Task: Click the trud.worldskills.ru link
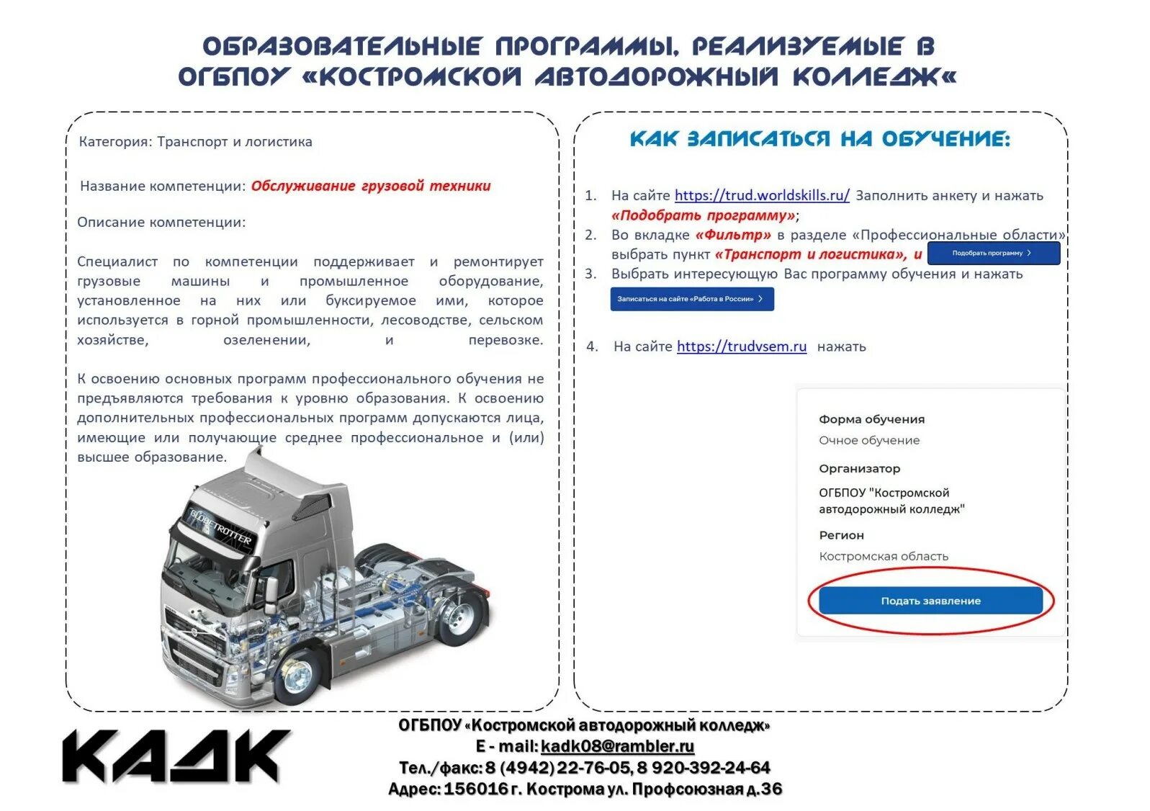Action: [x=761, y=195]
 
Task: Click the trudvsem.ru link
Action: [x=741, y=346]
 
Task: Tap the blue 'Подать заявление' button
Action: [x=930, y=601]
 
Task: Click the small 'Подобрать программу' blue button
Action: [x=993, y=253]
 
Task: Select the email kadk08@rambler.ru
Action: [x=617, y=746]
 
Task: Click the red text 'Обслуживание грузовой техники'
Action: [x=371, y=186]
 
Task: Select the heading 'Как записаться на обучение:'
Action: [x=819, y=139]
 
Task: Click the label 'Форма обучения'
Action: [x=871, y=419]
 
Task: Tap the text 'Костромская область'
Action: [x=883, y=556]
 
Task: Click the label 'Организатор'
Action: [x=859, y=468]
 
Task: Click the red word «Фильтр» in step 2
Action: [x=732, y=235]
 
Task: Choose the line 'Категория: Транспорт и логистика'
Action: [x=195, y=142]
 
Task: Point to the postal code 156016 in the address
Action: [x=476, y=789]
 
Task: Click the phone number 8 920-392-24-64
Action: [x=704, y=768]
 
